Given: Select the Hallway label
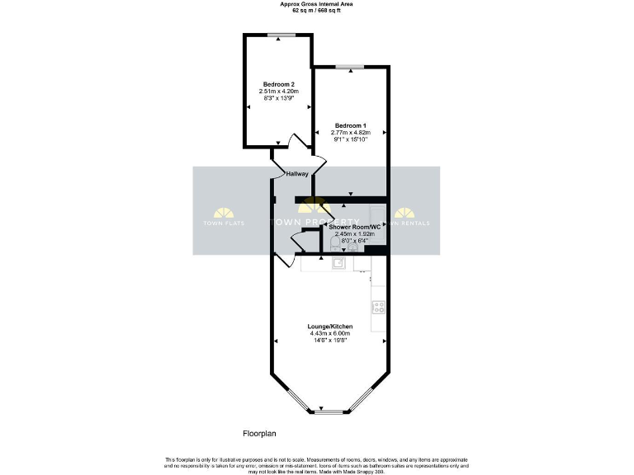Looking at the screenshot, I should [x=297, y=174].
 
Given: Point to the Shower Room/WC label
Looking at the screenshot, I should [x=353, y=226].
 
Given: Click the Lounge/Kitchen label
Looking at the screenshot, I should [x=330, y=327].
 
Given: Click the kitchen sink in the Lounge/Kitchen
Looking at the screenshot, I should [x=338, y=264].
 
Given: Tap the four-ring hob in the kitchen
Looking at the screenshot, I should [x=379, y=307].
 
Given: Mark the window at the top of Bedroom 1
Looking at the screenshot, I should [x=351, y=66].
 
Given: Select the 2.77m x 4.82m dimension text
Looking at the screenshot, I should [x=351, y=132].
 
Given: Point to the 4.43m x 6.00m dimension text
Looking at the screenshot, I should [x=330, y=333].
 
